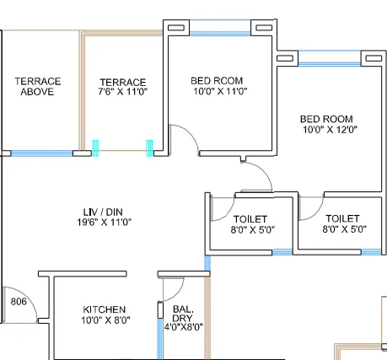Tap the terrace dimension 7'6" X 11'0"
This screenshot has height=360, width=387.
point(123,92)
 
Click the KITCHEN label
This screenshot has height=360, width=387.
point(105,309)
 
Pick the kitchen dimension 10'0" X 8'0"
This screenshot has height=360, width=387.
point(105,321)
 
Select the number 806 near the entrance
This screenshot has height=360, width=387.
point(19,300)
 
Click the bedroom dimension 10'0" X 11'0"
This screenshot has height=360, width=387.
point(218,92)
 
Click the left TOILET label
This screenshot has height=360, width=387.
point(250,218)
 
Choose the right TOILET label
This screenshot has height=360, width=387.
point(342,218)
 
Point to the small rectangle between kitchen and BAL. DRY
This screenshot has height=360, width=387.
point(160,309)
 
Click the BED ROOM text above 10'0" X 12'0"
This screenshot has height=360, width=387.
point(326,119)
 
